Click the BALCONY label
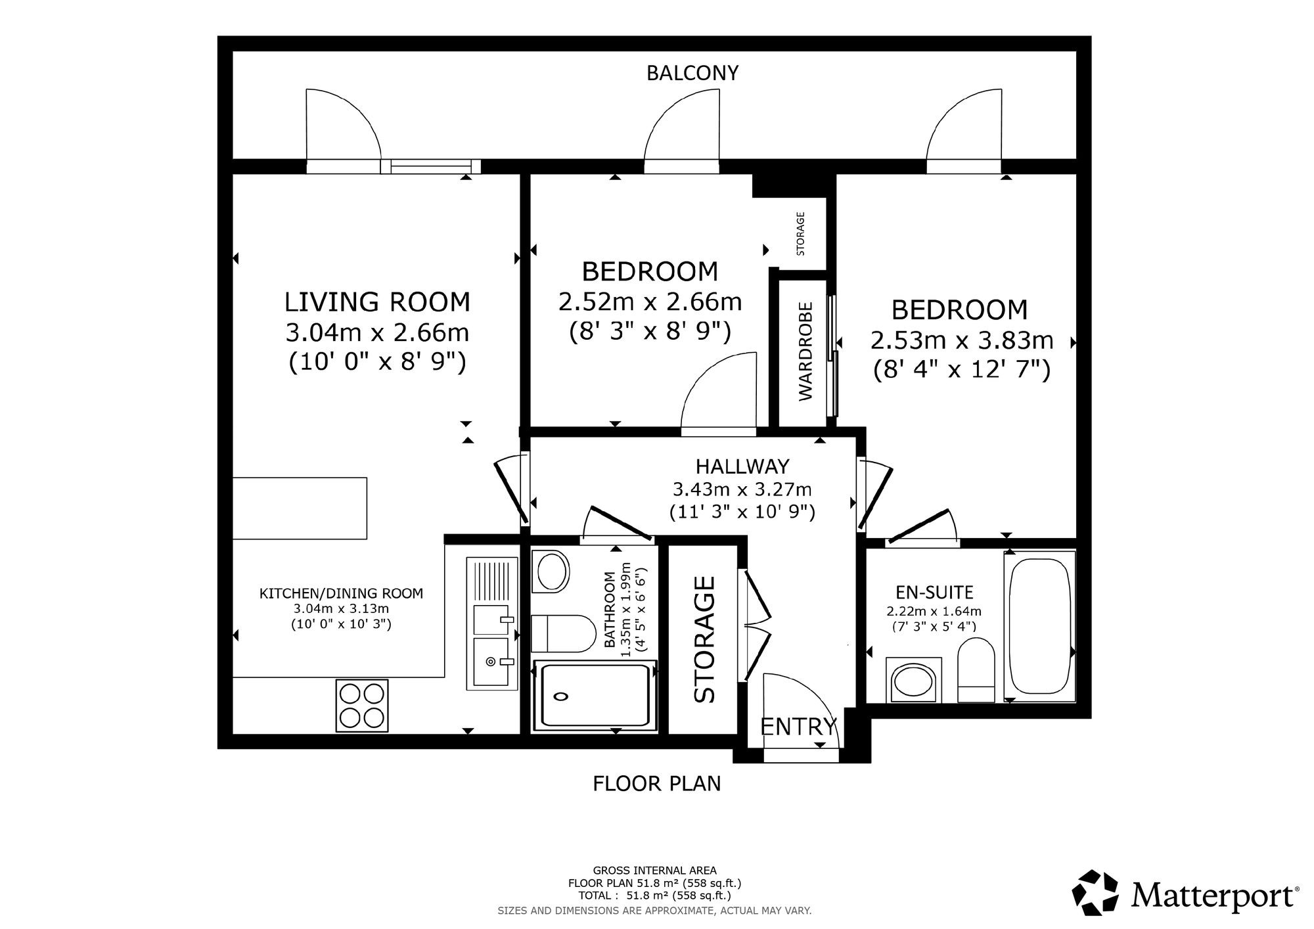[x=692, y=73]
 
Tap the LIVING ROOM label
[x=377, y=302]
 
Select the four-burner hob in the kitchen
[x=361, y=705]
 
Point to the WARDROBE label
[x=805, y=351]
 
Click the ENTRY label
[x=798, y=727]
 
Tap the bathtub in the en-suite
[x=1040, y=626]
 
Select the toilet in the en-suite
[x=977, y=671]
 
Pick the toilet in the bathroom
[x=563, y=633]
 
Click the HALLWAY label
[x=742, y=466]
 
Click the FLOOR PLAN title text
[x=657, y=784]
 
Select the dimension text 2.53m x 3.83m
[x=962, y=340]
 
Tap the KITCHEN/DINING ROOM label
[x=342, y=593]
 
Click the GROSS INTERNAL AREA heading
[x=655, y=871]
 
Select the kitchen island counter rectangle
[x=300, y=509]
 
